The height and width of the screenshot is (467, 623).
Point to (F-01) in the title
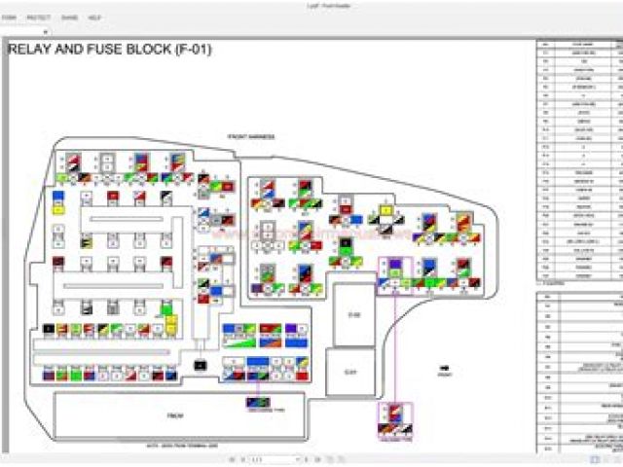tap(191, 49)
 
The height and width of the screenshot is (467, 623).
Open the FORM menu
tap(8, 18)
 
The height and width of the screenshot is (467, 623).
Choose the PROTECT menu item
tap(39, 18)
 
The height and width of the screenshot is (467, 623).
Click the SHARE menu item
tap(69, 18)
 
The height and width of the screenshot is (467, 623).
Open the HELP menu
tap(94, 18)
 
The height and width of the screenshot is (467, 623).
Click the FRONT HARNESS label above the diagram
tap(251, 137)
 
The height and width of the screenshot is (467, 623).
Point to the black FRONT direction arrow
tap(444, 371)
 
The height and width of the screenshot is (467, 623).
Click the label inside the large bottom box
tap(175, 415)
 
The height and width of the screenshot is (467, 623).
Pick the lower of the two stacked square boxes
tap(353, 371)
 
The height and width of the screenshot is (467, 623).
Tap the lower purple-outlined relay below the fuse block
tap(395, 420)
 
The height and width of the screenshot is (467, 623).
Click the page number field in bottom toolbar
tap(273, 458)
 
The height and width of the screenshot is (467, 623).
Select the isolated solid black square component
tap(200, 364)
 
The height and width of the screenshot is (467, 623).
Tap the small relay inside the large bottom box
tap(258, 402)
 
